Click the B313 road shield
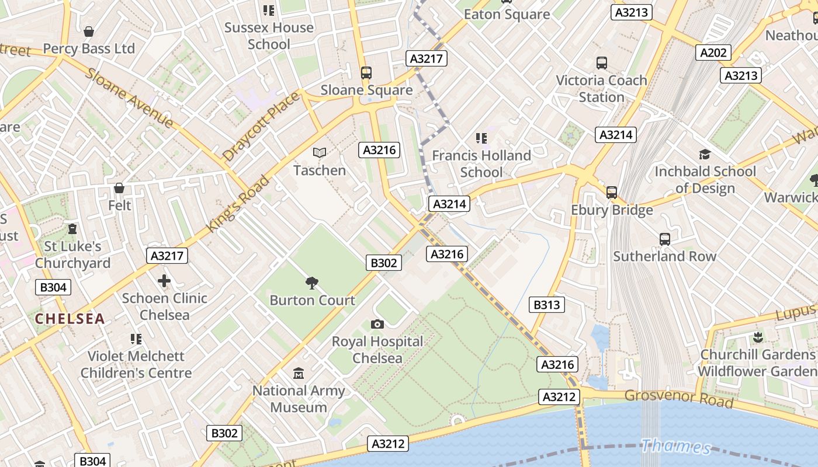coord(547,304)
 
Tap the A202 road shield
coord(713,53)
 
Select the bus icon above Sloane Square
coord(366,73)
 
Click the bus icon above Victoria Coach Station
coord(601,63)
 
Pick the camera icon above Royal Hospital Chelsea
coord(377,324)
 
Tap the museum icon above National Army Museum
coord(299,373)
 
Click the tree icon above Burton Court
coord(312,283)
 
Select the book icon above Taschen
coord(319,153)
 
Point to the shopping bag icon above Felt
coord(119,188)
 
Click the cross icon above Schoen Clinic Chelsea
coord(164,281)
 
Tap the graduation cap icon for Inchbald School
coord(705,154)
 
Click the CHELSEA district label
coord(70,319)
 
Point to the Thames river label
coord(675,447)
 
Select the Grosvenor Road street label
coord(679,398)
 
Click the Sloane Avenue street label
coord(130,97)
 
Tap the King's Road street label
coord(238,203)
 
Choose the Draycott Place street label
coord(261,127)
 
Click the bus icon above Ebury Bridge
coord(612,192)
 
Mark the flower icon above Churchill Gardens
coord(758,337)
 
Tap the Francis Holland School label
coord(481,163)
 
